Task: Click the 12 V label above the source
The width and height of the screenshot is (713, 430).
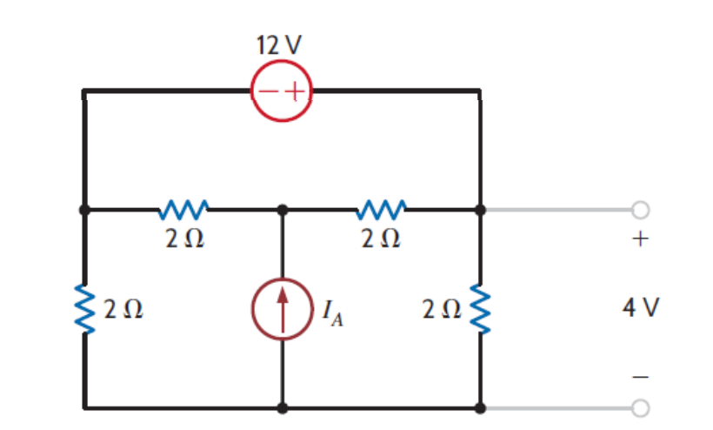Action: (x=281, y=46)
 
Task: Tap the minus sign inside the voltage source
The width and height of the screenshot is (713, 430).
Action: (x=268, y=90)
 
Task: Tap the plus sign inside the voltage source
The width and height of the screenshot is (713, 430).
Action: (x=294, y=90)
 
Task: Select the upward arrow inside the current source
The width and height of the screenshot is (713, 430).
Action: (x=282, y=307)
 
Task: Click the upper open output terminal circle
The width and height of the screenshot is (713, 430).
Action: (x=640, y=210)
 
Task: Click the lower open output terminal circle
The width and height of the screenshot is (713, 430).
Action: (x=640, y=406)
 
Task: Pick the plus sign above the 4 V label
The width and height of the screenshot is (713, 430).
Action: (x=640, y=241)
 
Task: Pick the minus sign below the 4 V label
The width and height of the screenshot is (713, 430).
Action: (x=640, y=376)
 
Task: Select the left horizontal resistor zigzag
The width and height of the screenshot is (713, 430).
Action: (x=183, y=209)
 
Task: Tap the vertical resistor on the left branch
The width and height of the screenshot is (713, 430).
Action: (x=84, y=308)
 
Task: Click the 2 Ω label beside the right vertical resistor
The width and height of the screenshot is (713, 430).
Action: (x=440, y=308)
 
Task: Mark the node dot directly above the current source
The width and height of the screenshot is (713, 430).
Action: (x=282, y=210)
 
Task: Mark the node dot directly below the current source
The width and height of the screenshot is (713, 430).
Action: (x=282, y=406)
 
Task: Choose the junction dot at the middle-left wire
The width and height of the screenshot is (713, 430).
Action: (x=84, y=210)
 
